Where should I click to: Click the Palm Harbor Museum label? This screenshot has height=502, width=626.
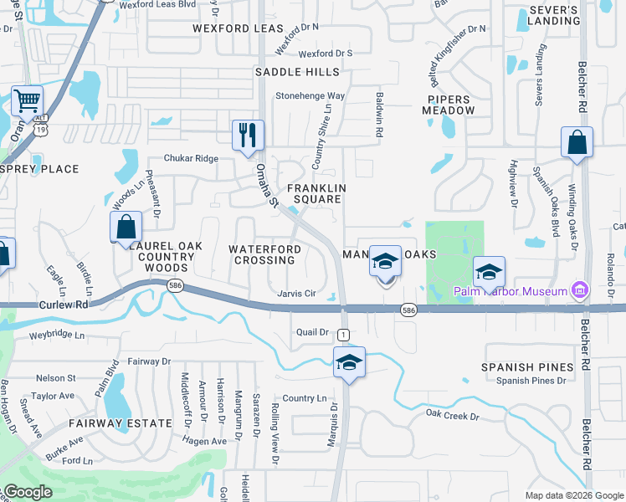coord(510,291)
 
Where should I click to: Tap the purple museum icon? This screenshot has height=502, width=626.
coord(579,291)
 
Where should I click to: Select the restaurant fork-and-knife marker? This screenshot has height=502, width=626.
coord(248,136)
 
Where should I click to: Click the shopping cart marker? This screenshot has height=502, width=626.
coord(28,102)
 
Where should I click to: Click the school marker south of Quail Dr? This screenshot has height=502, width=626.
coord(348,362)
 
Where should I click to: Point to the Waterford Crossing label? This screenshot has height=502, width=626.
coord(264,254)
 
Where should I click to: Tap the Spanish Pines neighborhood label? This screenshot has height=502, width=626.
coord(527,367)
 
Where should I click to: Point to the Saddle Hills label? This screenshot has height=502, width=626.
coord(297,73)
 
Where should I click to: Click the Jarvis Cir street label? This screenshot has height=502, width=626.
coord(296,294)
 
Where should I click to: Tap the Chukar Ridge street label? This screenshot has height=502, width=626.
coord(191,158)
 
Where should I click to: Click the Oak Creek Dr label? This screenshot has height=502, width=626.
coord(452,415)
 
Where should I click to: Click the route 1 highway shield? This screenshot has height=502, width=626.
coord(343,312)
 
